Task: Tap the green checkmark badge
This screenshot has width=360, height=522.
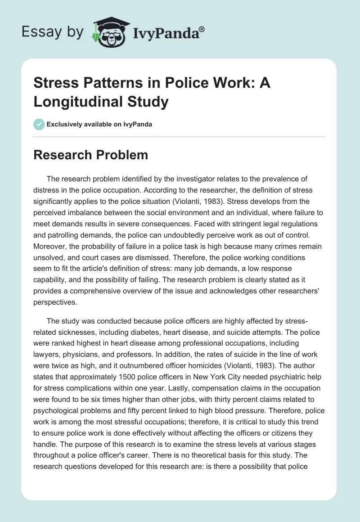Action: [39, 124]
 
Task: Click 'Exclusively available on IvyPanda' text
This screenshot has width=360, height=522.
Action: [99, 124]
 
